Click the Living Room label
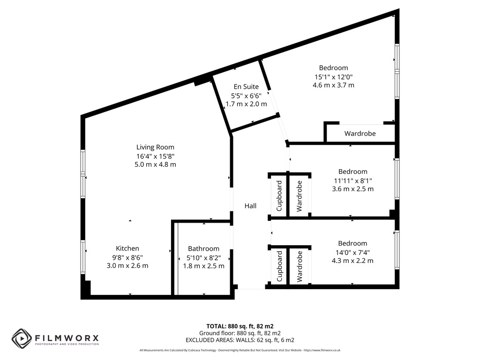point(155,147)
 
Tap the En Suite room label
point(246,87)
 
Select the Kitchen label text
point(127,248)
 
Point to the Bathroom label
point(203,248)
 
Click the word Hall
point(250,206)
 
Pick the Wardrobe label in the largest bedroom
point(360,134)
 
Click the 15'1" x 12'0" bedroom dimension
point(333,77)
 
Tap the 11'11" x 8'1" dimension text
point(353,180)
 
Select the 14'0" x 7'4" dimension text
point(352,253)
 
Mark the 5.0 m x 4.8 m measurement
point(155,165)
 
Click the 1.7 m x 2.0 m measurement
point(246,104)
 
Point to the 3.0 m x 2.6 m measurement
point(127,266)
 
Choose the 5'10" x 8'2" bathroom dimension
point(203,258)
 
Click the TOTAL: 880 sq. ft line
point(240,326)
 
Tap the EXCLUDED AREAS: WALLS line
point(240,340)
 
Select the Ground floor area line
point(240,333)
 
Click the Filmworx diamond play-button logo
point(22,338)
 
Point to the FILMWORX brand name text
point(67,338)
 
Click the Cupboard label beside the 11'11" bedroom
point(279,196)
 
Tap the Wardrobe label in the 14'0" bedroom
point(300,267)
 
